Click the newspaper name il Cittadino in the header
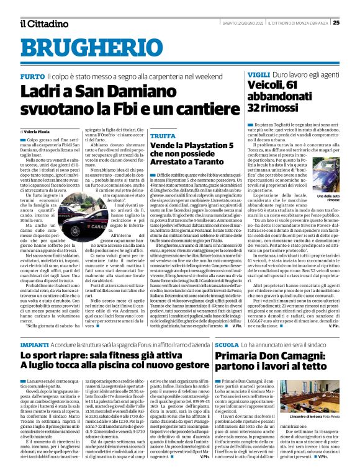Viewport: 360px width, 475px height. pyautogui.click(x=43, y=24)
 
